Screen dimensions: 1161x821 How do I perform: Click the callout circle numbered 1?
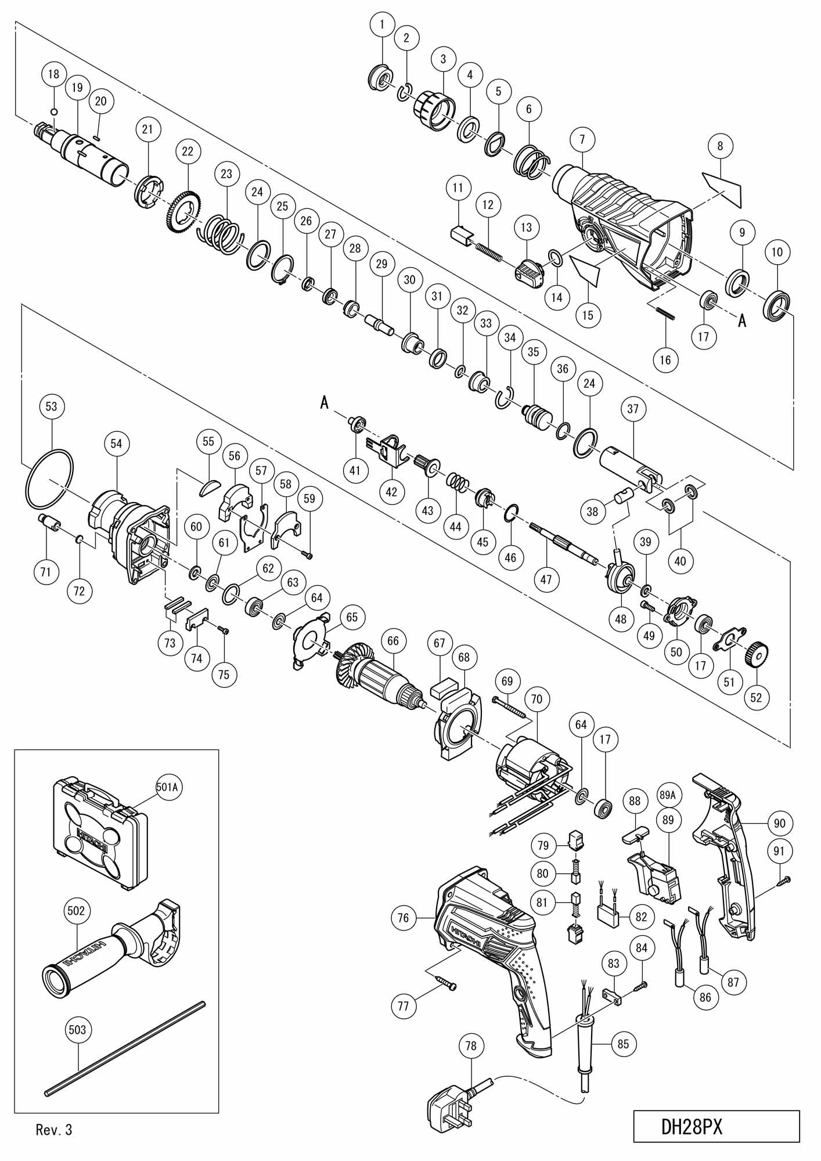[382, 25]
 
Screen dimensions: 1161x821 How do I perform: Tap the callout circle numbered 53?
[52, 406]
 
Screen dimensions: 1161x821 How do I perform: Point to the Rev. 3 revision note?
[54, 1130]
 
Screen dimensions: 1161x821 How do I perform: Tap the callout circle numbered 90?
[779, 823]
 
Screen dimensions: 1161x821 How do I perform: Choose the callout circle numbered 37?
[633, 409]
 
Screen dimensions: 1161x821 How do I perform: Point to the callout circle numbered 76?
[404, 918]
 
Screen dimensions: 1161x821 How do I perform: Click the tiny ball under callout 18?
[54, 111]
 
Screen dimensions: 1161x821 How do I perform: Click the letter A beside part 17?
[741, 320]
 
